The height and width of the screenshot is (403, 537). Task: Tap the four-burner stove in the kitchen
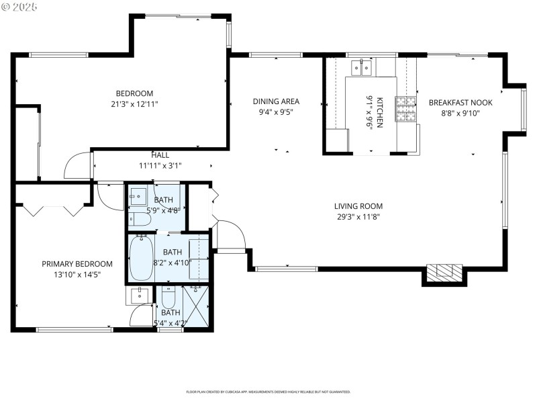pyautogui.click(x=405, y=109)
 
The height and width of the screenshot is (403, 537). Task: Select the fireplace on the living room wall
pyautogui.click(x=445, y=272)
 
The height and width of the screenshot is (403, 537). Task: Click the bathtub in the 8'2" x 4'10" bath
pyautogui.click(x=142, y=258)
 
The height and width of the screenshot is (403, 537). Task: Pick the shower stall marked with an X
pyautogui.click(x=197, y=306)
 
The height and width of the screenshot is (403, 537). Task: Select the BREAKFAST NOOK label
pyautogui.click(x=460, y=103)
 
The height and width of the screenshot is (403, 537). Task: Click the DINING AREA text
pyautogui.click(x=276, y=102)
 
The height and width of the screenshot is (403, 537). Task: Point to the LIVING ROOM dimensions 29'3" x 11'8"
pyautogui.click(x=360, y=217)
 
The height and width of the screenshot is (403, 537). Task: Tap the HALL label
pyautogui.click(x=160, y=155)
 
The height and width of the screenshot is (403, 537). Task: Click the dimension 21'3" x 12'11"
pyautogui.click(x=135, y=104)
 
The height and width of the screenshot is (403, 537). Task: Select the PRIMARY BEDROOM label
pyautogui.click(x=77, y=264)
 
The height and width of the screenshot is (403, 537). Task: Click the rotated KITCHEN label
pyautogui.click(x=379, y=112)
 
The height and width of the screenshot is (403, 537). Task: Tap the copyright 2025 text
pyautogui.click(x=20, y=6)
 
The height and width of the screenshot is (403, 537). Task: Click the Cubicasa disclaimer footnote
pyautogui.click(x=268, y=392)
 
